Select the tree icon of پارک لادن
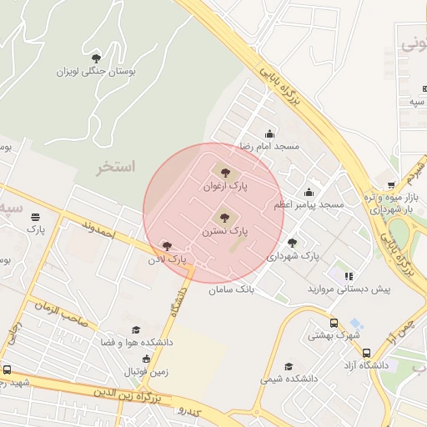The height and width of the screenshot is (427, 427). point(168,247)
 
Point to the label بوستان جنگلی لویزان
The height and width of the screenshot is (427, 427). point(95,72)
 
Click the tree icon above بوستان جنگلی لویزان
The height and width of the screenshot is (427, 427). point(96,58)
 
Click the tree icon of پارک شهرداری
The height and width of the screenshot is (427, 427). point(291,243)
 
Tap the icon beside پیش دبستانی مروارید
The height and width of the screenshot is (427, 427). point(349,275)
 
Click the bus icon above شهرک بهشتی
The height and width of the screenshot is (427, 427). point(334,324)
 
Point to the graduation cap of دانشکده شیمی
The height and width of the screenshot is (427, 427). point(289,366)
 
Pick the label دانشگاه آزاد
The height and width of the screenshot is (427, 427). point(368,366)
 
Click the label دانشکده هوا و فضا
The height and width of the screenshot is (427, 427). point(137,342)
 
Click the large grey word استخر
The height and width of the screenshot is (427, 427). point(115,166)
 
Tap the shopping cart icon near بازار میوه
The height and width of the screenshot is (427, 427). point(391,186)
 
